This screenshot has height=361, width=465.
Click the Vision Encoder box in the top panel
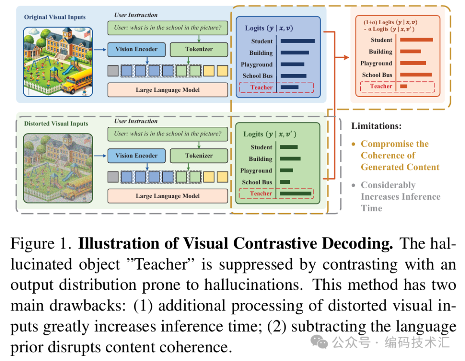click(x=136, y=49)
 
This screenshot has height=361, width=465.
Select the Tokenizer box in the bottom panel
click(x=199, y=156)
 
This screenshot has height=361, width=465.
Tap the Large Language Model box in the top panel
click(x=168, y=90)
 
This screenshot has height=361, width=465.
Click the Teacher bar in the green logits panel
click(x=295, y=194)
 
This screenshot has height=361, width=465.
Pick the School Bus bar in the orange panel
click(x=416, y=75)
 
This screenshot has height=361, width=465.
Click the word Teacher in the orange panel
click(x=381, y=86)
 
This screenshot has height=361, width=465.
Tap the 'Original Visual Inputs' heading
click(x=55, y=17)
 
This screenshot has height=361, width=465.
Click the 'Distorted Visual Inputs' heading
click(x=56, y=124)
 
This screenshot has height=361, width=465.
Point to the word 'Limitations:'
click(x=376, y=126)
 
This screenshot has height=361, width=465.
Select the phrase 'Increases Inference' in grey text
click(x=400, y=197)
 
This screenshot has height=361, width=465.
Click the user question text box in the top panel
click(x=167, y=28)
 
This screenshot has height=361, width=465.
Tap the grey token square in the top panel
click(x=113, y=70)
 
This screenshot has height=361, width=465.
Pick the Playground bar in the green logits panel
click(x=286, y=170)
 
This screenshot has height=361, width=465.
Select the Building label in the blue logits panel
click(x=261, y=53)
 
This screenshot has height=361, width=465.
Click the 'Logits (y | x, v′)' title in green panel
click(x=270, y=134)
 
